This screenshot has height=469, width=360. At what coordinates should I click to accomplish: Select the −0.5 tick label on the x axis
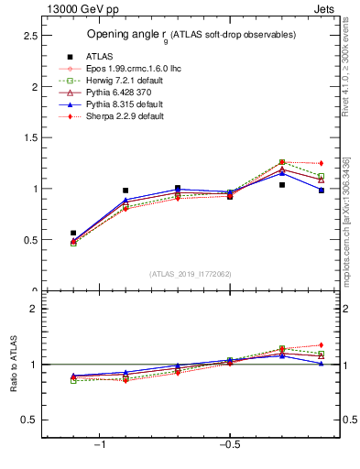228,445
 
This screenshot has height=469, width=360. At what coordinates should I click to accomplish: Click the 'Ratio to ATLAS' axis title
15,364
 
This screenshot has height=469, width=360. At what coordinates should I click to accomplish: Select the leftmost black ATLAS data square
73,233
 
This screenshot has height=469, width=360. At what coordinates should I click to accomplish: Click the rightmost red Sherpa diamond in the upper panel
321,163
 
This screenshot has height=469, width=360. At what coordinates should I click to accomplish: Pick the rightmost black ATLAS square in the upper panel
321,191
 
